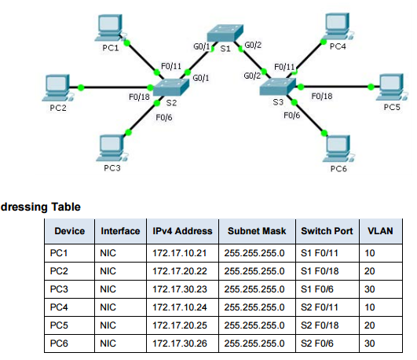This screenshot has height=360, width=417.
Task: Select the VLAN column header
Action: click(x=379, y=232)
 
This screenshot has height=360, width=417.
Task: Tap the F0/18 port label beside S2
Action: click(x=138, y=97)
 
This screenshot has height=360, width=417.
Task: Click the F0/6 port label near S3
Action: click(x=291, y=115)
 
